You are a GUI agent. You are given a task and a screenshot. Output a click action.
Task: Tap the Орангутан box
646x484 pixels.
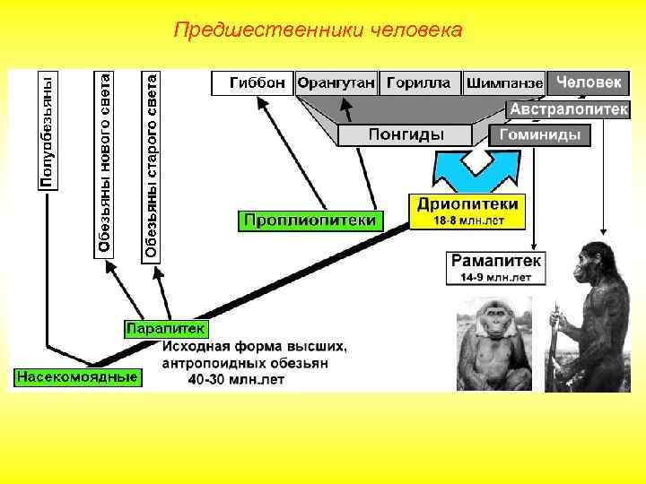(x=336, y=83)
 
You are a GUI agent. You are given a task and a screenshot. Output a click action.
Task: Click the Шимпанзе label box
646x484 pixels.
(x=503, y=83)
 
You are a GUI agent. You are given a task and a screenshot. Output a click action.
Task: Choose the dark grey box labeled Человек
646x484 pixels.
(x=588, y=82)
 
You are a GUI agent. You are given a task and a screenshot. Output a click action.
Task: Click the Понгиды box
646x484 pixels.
(x=406, y=134)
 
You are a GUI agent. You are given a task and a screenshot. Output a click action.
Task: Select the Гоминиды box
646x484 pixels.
(x=539, y=135)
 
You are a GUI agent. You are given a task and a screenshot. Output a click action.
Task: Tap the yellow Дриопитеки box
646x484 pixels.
(x=467, y=212)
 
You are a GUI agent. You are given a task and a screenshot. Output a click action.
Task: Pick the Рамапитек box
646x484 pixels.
(x=495, y=267)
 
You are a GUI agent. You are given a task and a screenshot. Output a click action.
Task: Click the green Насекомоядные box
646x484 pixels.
(x=76, y=376)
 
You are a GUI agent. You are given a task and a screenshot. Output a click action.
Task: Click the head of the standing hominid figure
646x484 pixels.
(x=592, y=260)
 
